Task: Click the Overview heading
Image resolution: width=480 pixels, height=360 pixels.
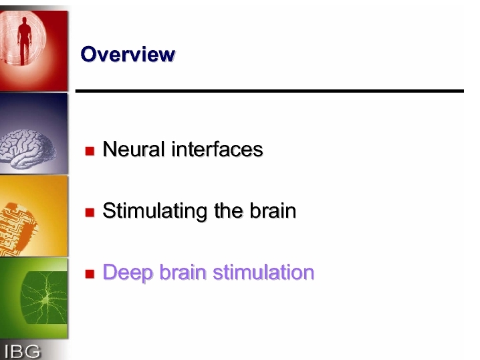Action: pyautogui.click(x=128, y=54)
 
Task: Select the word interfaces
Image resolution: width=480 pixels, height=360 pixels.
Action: pyautogui.click(x=217, y=149)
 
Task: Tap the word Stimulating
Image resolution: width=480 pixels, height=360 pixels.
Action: pyautogui.click(x=155, y=211)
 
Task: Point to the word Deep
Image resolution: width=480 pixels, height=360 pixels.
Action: pyautogui.click(x=128, y=273)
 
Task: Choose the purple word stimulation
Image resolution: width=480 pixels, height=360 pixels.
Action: pyautogui.click(x=263, y=272)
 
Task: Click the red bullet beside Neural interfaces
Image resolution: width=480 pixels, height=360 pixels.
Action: pyautogui.click(x=90, y=151)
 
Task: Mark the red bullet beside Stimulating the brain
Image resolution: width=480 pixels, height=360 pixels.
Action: pyautogui.click(x=90, y=212)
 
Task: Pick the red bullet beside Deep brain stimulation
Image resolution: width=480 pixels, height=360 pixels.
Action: pyautogui.click(x=90, y=274)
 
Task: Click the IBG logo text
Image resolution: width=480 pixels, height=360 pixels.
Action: pyautogui.click(x=22, y=351)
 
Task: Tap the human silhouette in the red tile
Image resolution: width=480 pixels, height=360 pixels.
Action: pyautogui.click(x=24, y=41)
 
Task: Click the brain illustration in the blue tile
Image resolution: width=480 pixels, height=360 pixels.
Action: pyautogui.click(x=27, y=149)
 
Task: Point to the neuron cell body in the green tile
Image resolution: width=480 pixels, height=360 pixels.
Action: pyautogui.click(x=45, y=301)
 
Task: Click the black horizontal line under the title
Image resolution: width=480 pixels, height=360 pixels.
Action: pyautogui.click(x=269, y=91)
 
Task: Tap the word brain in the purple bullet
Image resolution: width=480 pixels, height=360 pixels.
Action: pyautogui.click(x=183, y=272)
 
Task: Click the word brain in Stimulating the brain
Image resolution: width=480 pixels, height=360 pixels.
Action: pyautogui.click(x=273, y=210)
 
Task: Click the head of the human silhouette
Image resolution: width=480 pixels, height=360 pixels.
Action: pyautogui.click(x=24, y=21)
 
